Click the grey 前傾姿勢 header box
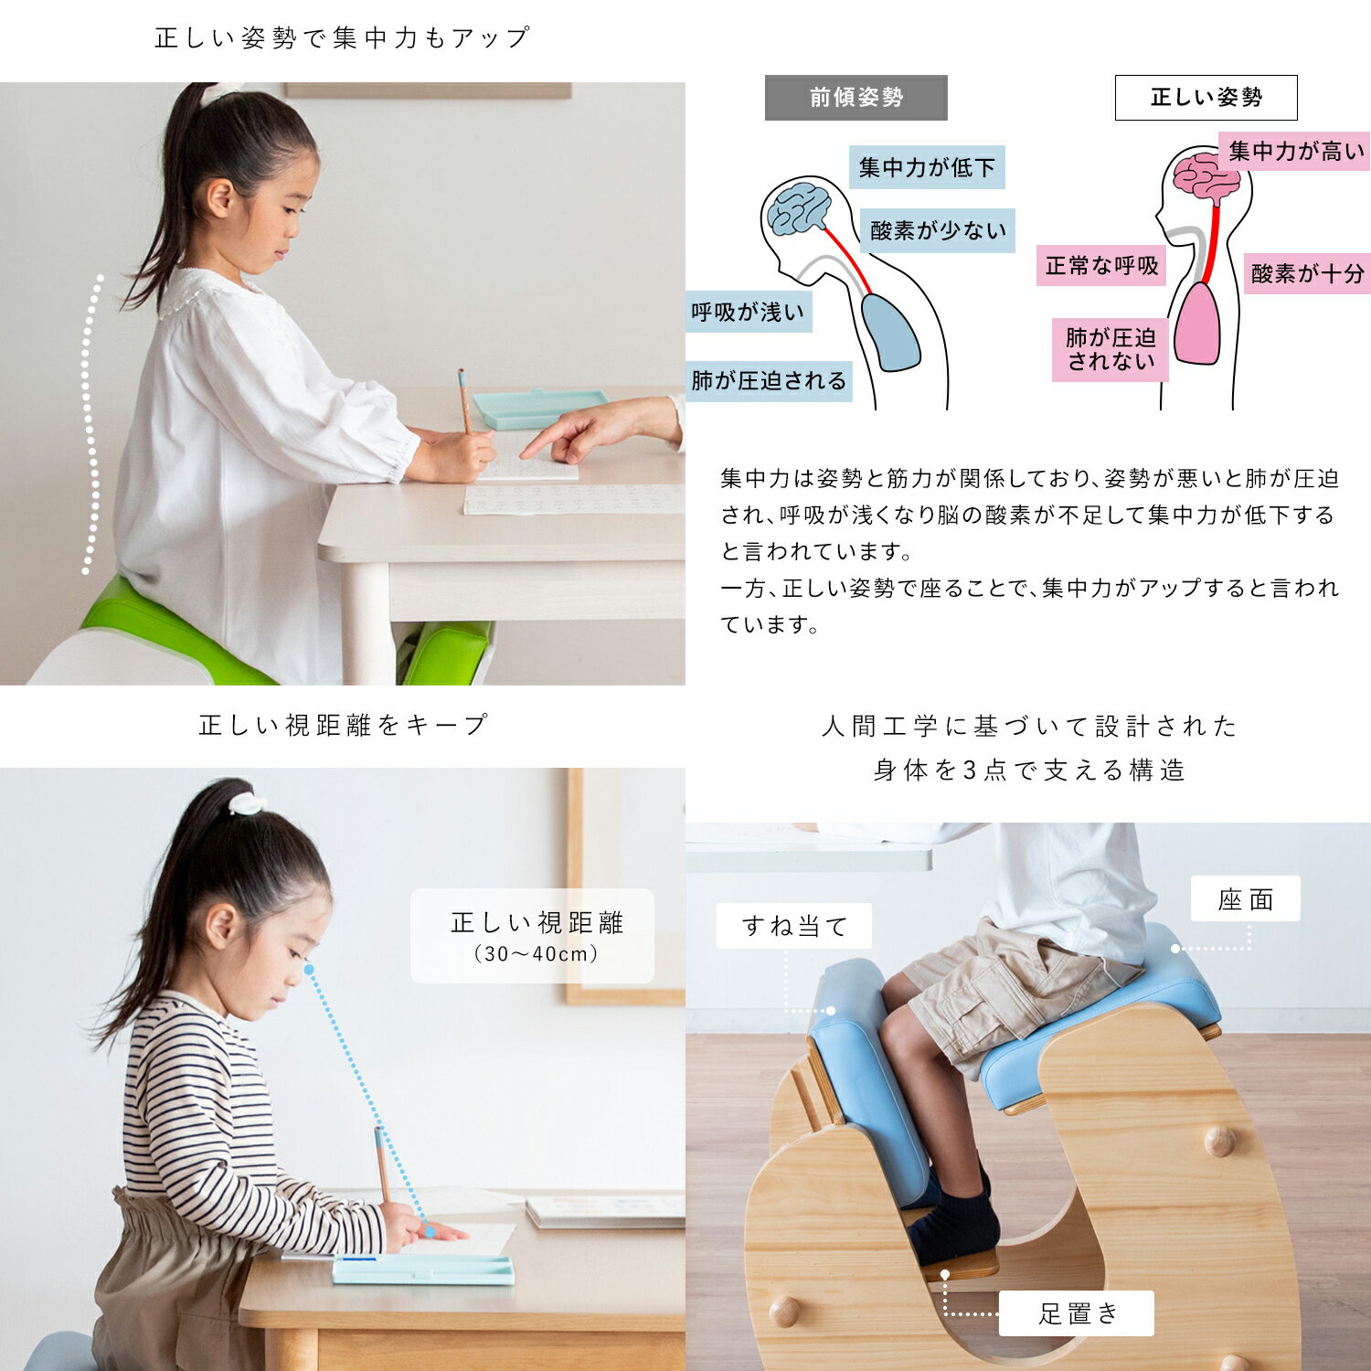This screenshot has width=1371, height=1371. (x=856, y=98)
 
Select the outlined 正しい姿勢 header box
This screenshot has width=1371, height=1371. (x=1206, y=98)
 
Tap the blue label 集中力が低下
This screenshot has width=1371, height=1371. (x=927, y=167)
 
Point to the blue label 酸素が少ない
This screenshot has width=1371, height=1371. (x=937, y=230)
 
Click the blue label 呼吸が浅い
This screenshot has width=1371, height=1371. (x=748, y=313)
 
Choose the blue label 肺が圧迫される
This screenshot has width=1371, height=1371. (x=769, y=380)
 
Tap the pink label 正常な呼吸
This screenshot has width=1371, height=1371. (x=1101, y=266)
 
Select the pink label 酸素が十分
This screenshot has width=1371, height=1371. (x=1307, y=273)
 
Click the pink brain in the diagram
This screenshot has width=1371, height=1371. (x=1206, y=176)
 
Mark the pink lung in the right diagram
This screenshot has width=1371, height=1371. (x=1197, y=324)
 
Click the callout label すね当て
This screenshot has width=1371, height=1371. (x=794, y=926)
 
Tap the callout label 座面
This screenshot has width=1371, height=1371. (x=1245, y=900)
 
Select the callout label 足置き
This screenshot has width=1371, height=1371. (x=1077, y=1313)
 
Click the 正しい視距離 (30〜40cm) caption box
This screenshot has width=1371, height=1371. (x=533, y=936)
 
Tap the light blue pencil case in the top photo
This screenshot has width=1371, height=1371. (x=540, y=407)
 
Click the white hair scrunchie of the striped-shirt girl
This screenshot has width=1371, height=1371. (x=247, y=803)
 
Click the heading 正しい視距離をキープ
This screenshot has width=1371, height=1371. (x=343, y=726)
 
